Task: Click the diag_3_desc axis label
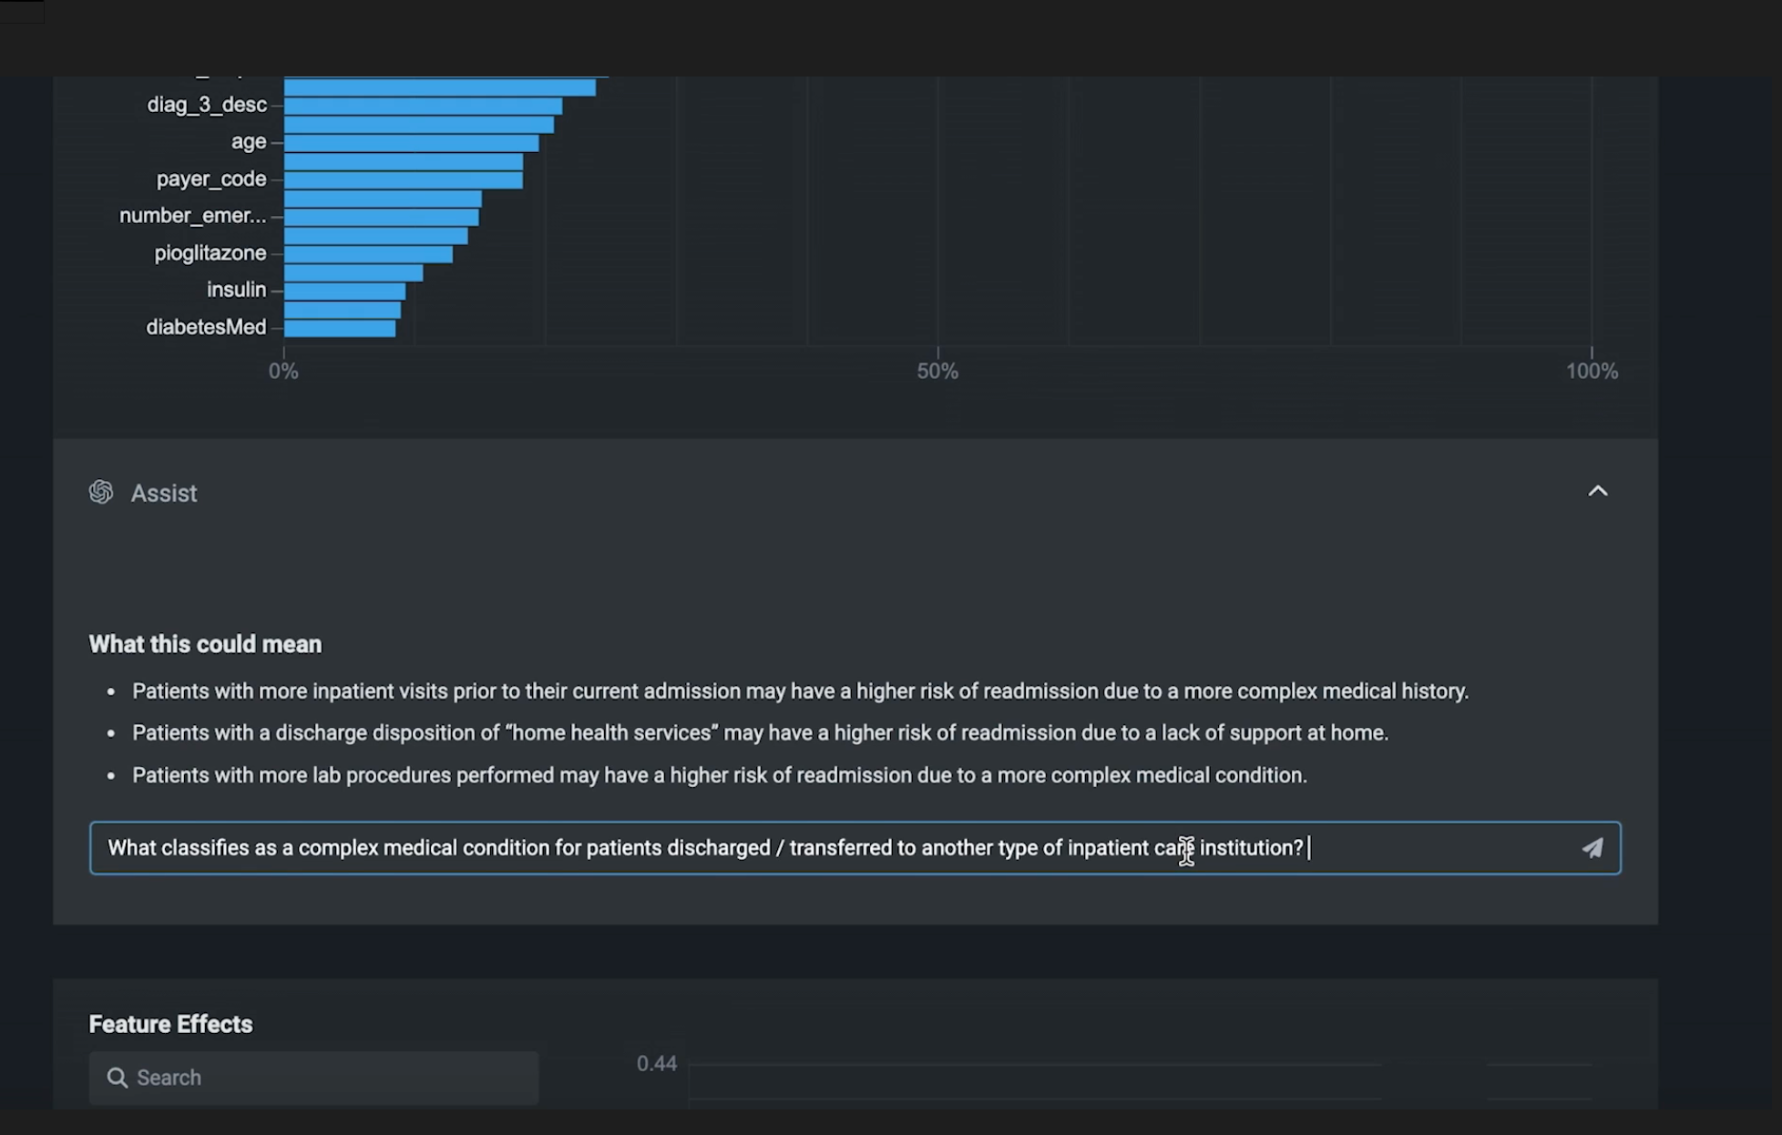pos(207,105)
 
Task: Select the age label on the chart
pos(249,142)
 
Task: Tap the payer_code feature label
pos(211,179)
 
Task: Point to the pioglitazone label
pos(210,253)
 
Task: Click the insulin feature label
pos(236,290)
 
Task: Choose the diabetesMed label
pos(206,327)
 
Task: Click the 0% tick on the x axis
pos(283,372)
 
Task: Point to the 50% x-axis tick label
pos(937,372)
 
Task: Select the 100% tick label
pos(1592,372)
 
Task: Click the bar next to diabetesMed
pos(340,328)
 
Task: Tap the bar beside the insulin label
pos(344,291)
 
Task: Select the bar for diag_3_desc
pos(423,107)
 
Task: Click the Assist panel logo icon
pos(101,493)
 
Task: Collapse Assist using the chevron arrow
pos(1598,491)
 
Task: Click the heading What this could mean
pos(205,644)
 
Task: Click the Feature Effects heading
pos(170,1024)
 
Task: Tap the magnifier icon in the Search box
pos(118,1078)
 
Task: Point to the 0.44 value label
pos(657,1064)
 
